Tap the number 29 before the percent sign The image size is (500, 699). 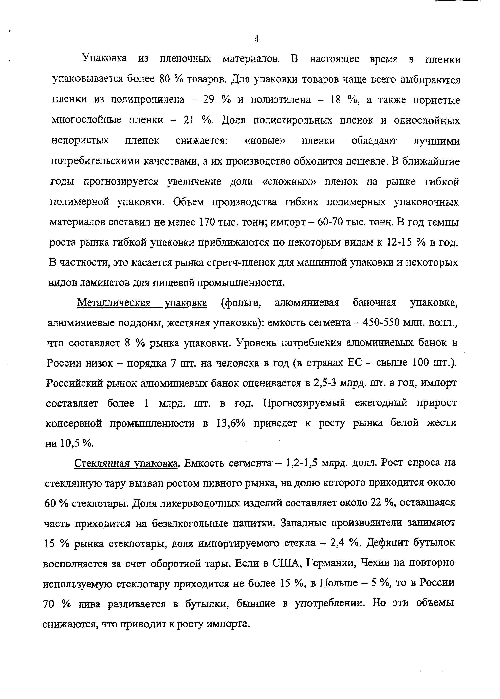(x=209, y=100)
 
